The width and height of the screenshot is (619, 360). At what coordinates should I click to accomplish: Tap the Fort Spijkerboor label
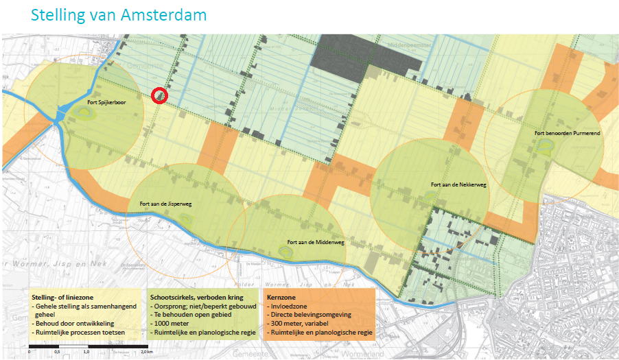[x=106, y=103]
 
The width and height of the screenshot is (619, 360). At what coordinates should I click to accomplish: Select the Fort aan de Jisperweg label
[x=165, y=203]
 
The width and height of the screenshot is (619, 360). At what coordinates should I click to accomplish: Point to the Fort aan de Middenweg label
[x=316, y=242]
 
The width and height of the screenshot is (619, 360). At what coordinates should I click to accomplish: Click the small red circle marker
[x=159, y=96]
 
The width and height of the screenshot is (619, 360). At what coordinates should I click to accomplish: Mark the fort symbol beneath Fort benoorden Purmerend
[x=546, y=145]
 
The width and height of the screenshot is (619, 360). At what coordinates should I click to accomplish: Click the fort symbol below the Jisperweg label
[x=186, y=218]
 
